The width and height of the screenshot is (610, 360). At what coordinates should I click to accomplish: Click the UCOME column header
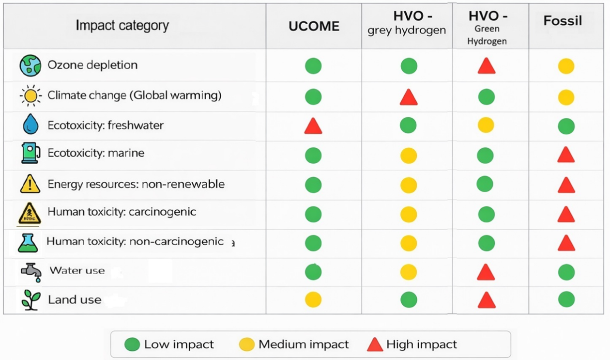coord(314,26)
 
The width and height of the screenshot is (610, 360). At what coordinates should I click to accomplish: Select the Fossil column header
coord(563,21)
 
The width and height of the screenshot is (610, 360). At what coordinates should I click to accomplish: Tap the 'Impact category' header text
coord(122,26)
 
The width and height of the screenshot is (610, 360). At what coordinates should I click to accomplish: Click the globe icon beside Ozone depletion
coord(30,65)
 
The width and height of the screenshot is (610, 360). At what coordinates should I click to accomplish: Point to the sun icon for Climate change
coord(30,96)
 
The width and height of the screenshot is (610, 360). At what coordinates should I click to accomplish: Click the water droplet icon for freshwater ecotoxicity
coord(30,125)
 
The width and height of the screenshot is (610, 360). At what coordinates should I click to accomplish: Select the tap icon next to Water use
coord(31,272)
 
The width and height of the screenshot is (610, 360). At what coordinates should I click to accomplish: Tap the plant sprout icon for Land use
coord(31,299)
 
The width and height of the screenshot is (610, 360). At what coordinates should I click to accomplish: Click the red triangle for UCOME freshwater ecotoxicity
coord(313,126)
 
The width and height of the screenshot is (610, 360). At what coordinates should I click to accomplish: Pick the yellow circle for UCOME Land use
coord(313,299)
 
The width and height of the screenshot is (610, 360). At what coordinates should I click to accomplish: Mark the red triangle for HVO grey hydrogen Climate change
coord(409,98)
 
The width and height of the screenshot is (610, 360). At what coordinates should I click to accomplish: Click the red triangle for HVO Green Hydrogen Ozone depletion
coord(486,66)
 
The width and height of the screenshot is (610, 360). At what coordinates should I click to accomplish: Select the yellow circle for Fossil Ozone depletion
coord(566,66)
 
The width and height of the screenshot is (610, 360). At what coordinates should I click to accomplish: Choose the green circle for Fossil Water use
coord(566,272)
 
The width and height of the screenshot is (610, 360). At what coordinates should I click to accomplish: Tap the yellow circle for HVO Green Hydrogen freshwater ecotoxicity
coord(486,125)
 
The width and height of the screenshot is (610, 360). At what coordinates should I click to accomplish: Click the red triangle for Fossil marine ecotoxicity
coord(566,156)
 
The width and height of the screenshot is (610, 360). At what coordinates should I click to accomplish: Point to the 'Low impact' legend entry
coord(169,344)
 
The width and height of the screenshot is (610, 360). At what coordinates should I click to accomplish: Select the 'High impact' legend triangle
coord(375,344)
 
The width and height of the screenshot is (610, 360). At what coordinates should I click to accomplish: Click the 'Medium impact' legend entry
coord(294,344)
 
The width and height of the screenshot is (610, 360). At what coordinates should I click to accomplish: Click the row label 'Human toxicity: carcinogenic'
coord(122,212)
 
